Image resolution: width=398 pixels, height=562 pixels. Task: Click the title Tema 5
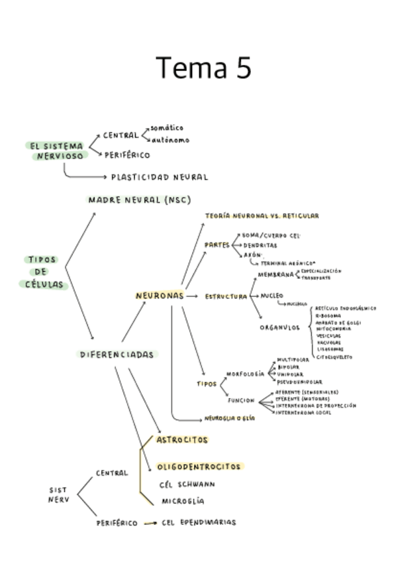[203, 68]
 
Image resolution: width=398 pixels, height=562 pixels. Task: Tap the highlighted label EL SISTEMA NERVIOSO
[57, 151]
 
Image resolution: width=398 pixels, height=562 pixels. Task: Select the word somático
[167, 127]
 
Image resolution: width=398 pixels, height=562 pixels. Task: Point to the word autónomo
[170, 140]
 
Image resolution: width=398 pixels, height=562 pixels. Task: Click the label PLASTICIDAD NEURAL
[159, 177]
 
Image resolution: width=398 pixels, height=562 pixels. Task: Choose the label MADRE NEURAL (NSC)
[140, 199]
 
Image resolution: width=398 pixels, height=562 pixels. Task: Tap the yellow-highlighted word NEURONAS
[159, 296]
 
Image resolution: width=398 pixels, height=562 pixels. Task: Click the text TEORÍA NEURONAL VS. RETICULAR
[262, 216]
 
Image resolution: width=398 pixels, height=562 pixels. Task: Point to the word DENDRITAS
[260, 245]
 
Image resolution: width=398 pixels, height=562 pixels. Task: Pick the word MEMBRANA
[275, 275]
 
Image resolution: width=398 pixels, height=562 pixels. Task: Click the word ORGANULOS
[279, 327]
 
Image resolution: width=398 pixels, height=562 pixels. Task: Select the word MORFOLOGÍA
[245, 374]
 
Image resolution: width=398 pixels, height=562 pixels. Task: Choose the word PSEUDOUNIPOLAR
[299, 382]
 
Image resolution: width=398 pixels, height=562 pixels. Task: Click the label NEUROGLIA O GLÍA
[230, 418]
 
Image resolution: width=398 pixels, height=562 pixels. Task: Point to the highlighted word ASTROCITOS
[182, 439]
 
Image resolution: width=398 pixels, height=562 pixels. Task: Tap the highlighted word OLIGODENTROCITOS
[199, 467]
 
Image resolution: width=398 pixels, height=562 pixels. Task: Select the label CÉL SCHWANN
[187, 484]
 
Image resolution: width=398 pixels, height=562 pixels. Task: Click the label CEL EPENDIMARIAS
[199, 522]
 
